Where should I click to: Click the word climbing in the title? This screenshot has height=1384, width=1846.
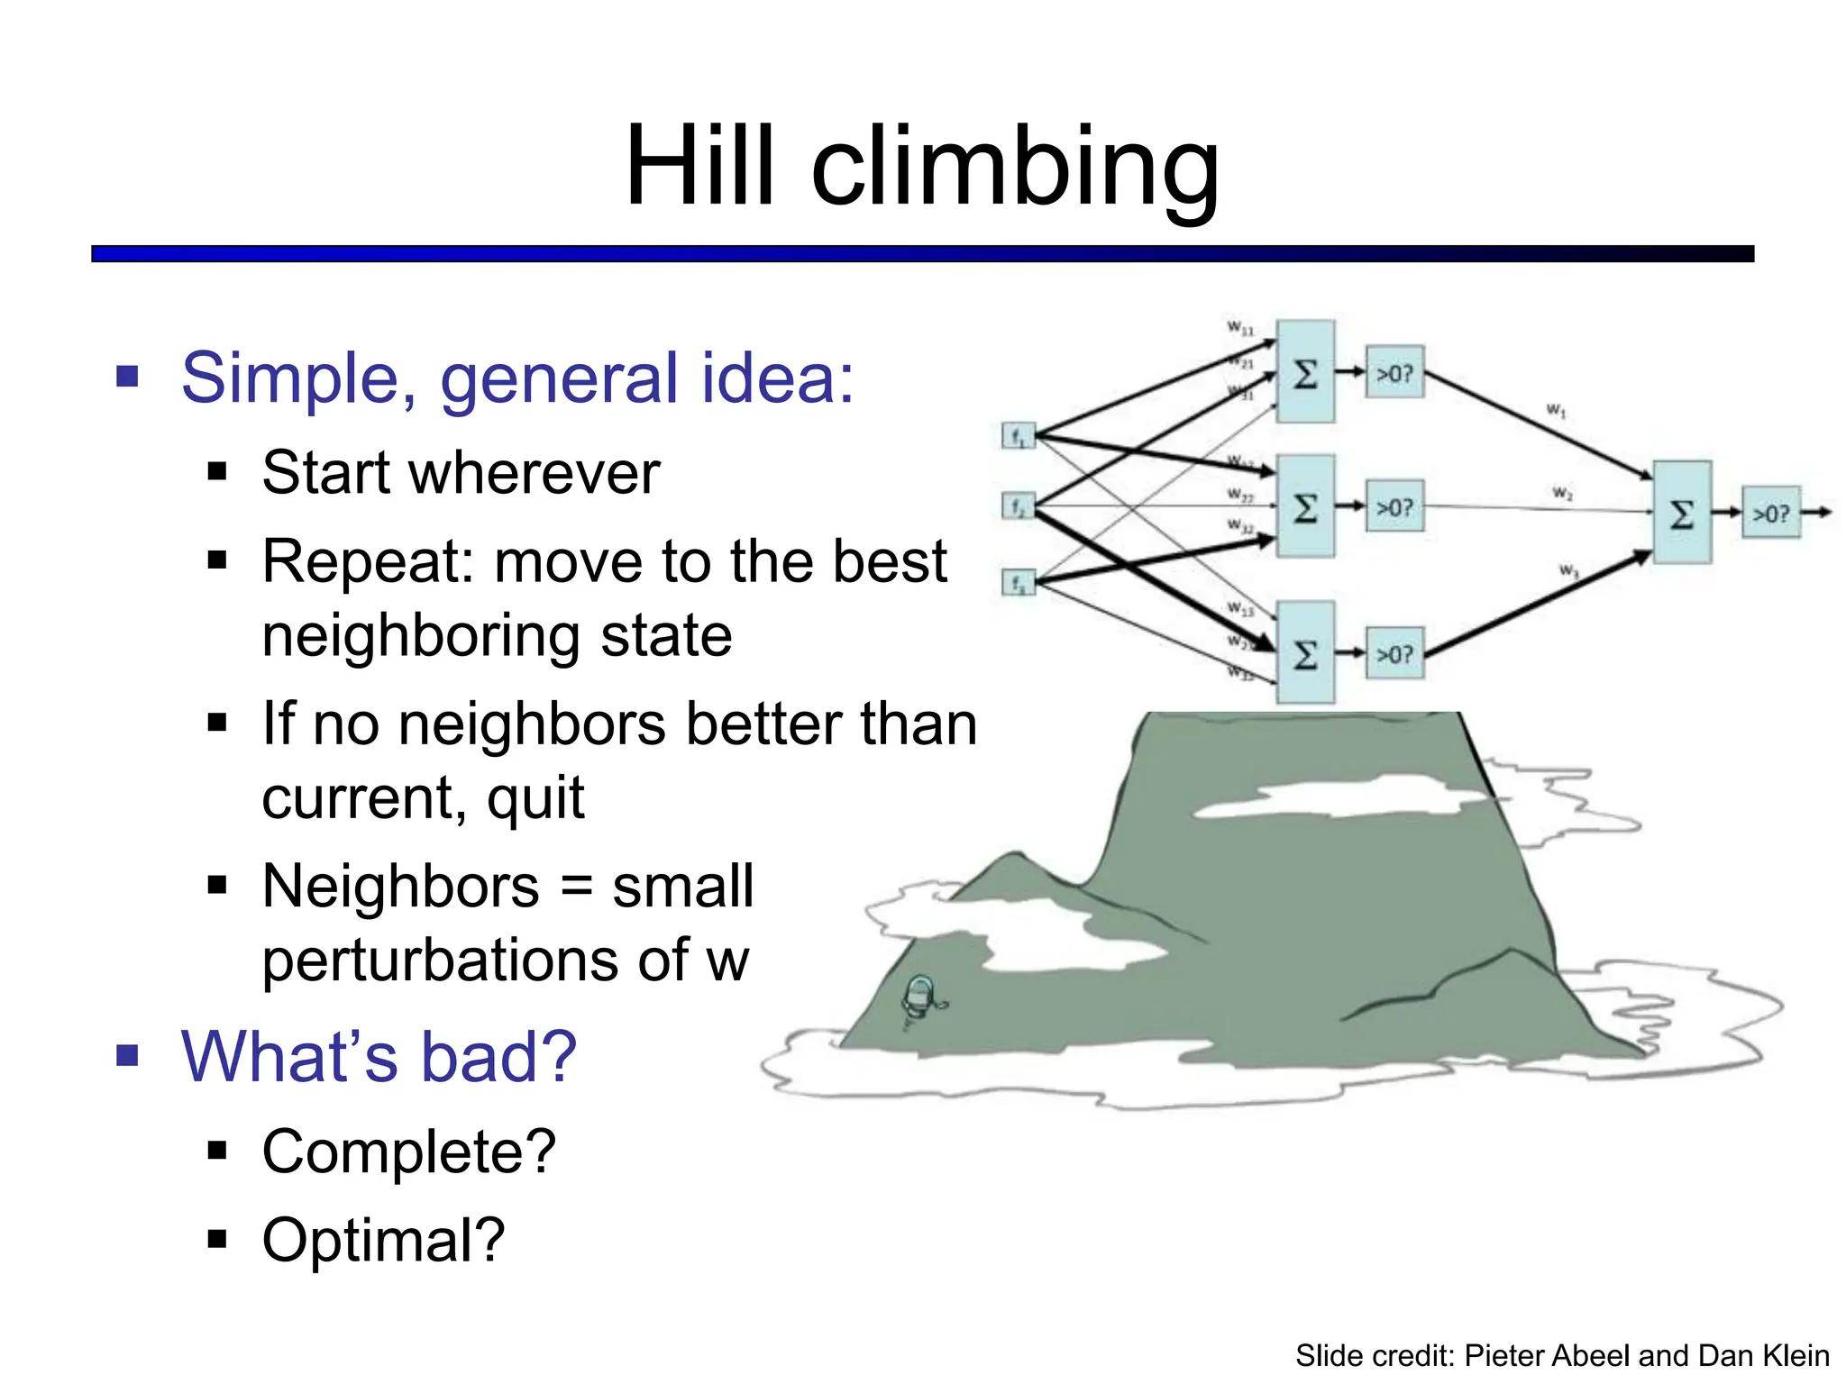click(x=1014, y=169)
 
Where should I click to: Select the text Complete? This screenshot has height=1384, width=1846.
click(x=409, y=1152)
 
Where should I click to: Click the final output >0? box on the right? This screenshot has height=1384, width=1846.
click(x=1770, y=513)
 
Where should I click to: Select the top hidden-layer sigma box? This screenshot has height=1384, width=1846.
click(x=1305, y=371)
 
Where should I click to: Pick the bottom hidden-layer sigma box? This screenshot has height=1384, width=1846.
click(x=1305, y=653)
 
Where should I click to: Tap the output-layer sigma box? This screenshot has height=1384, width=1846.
click(x=1681, y=513)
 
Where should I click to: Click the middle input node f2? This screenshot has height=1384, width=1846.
click(x=1018, y=506)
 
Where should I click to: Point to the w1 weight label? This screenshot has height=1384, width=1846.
click(x=1556, y=411)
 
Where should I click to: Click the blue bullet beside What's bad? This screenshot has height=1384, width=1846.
click(x=127, y=1055)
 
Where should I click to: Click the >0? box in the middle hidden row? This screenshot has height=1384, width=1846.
click(x=1394, y=506)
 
